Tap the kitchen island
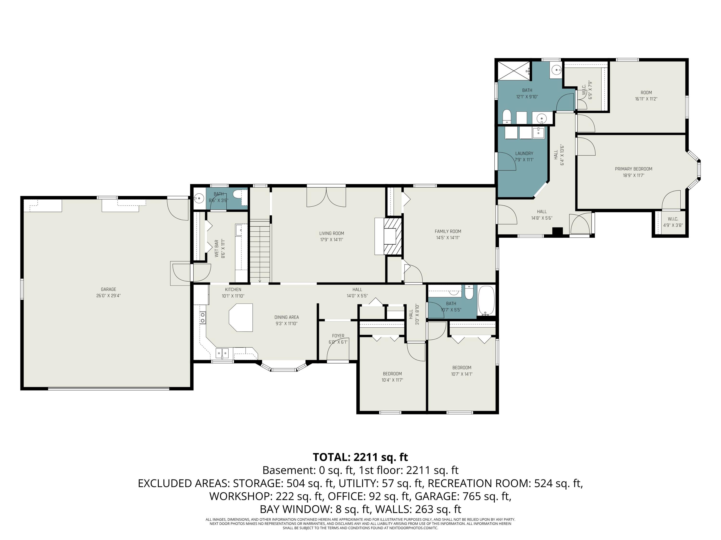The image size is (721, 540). click(241, 317)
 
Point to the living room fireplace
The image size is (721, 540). click(392, 236)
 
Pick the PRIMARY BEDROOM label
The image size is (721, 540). click(633, 169)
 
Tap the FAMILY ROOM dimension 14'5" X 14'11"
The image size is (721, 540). click(448, 238)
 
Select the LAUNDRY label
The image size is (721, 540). click(524, 153)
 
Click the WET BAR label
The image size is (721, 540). click(217, 249)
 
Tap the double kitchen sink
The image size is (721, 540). click(222, 353)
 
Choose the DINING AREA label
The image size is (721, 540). click(286, 317)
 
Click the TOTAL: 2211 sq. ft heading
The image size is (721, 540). click(360, 457)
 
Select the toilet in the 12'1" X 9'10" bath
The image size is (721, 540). click(507, 117)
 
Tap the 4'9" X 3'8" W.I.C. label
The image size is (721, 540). click(673, 222)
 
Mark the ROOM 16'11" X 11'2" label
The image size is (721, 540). click(646, 96)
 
